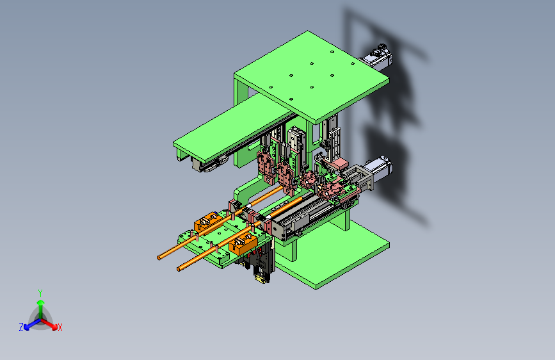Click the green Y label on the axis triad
[40, 293]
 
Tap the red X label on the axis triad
[60, 327]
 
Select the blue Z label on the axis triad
[21, 327]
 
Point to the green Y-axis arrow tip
[41, 302]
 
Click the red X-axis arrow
[49, 324]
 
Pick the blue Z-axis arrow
[33, 324]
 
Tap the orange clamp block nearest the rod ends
[243, 243]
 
